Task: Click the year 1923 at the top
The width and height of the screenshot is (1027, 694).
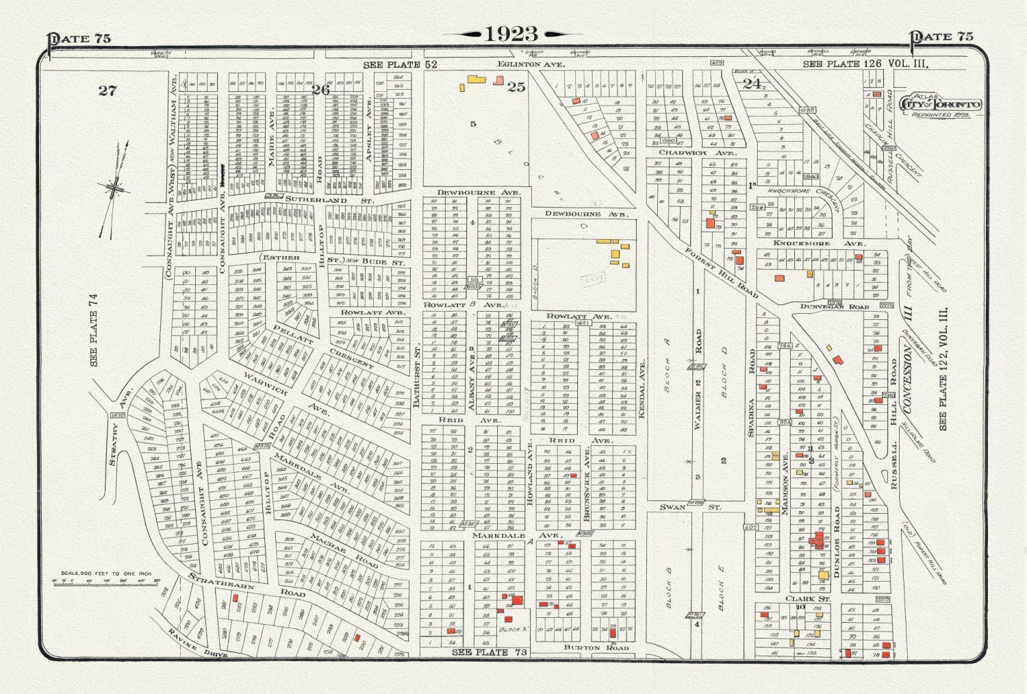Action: click(512, 34)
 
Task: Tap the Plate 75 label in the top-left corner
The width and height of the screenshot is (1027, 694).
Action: click(79, 38)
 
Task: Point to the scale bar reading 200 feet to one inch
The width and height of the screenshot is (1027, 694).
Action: click(105, 578)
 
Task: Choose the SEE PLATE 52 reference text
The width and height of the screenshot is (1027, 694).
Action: click(400, 64)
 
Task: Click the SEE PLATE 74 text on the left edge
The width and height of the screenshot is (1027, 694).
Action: click(94, 329)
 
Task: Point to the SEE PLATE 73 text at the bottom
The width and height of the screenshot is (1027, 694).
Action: click(490, 652)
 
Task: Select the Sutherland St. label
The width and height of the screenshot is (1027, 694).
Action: click(329, 200)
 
